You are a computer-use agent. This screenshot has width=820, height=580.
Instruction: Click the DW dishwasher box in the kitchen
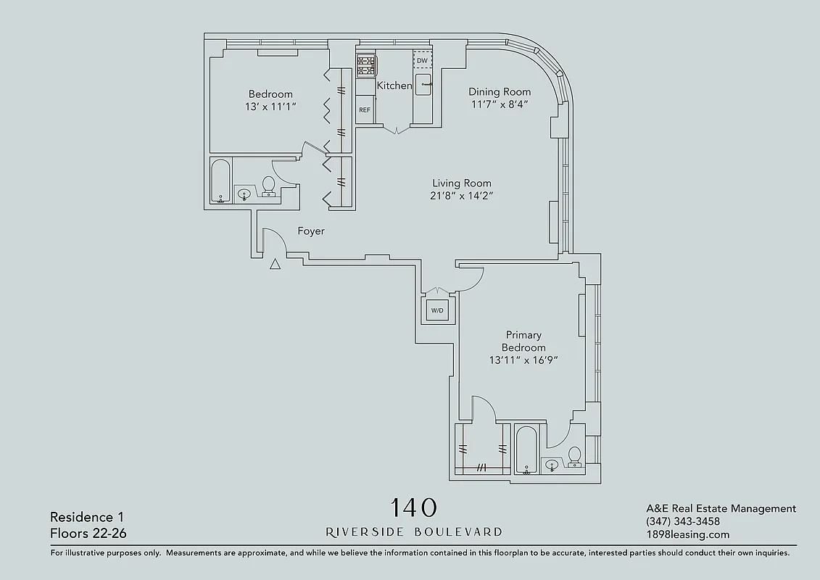(x=422, y=60)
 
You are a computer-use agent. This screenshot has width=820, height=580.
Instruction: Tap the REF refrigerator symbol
(x=365, y=110)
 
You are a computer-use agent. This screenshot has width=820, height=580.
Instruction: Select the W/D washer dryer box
(x=437, y=310)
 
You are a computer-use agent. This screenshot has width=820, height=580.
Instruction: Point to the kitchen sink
(x=423, y=85)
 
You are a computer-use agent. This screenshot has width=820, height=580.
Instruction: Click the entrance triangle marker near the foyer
(x=275, y=265)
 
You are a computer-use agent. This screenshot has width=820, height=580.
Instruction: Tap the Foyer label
(x=311, y=231)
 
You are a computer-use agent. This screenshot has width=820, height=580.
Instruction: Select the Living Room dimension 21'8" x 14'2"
(x=462, y=196)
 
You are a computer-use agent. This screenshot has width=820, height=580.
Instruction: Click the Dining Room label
(x=500, y=91)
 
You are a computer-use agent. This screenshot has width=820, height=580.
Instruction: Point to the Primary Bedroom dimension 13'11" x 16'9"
(x=523, y=360)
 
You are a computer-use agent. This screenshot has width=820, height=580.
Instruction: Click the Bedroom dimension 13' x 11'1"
(x=270, y=107)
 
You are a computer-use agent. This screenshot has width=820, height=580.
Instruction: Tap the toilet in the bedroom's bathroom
(x=268, y=186)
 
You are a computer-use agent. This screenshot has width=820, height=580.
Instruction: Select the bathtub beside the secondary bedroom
(x=220, y=181)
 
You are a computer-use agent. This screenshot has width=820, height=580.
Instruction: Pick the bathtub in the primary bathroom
(x=526, y=450)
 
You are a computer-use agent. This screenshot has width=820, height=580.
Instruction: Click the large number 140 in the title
(x=414, y=507)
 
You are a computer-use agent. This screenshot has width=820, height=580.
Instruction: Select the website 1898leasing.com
(x=687, y=534)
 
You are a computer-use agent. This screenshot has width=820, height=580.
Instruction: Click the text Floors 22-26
(x=84, y=534)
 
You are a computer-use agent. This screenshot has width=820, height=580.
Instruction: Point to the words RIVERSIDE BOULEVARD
(x=414, y=532)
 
